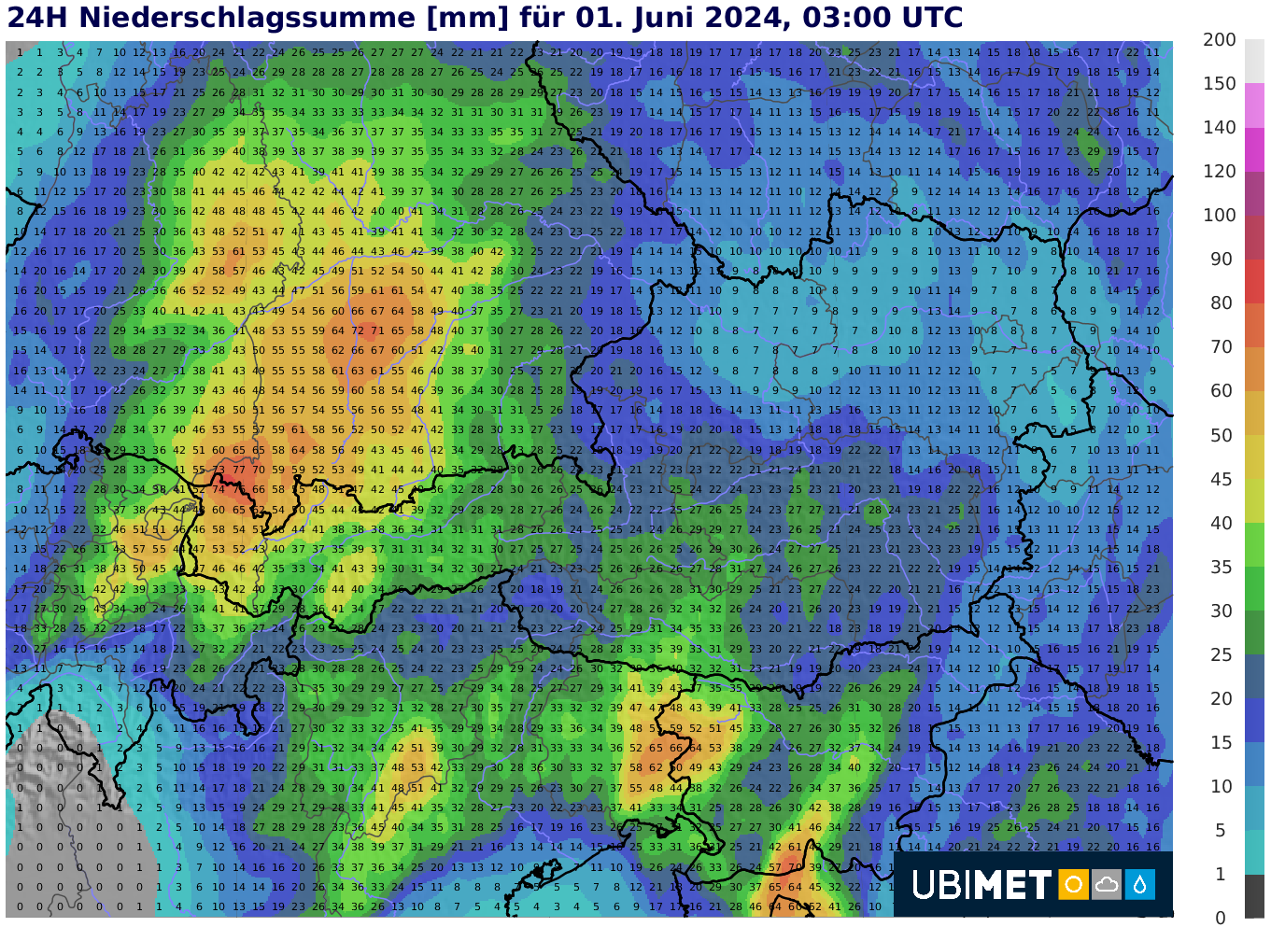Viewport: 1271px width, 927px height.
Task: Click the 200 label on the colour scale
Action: pyautogui.click(x=1220, y=40)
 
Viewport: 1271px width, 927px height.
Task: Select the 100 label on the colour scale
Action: pyautogui.click(x=1220, y=216)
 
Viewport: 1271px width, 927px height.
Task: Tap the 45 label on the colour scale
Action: pyautogui.click(x=1222, y=480)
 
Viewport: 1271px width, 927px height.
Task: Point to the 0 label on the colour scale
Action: pyautogui.click(x=1221, y=918)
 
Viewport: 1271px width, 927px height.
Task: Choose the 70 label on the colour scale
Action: pyautogui.click(x=1222, y=347)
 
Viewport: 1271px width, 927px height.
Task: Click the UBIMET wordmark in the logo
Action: pyautogui.click(x=981, y=885)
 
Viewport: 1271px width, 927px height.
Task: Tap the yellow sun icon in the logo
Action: pyautogui.click(x=1073, y=884)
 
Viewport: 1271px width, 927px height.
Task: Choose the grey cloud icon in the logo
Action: pyautogui.click(x=1107, y=884)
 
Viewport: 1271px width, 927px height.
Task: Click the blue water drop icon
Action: pyautogui.click(x=1140, y=884)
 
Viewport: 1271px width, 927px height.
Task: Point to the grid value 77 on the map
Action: pyautogui.click(x=238, y=471)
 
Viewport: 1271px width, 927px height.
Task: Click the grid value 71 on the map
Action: pyautogui.click(x=377, y=330)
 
